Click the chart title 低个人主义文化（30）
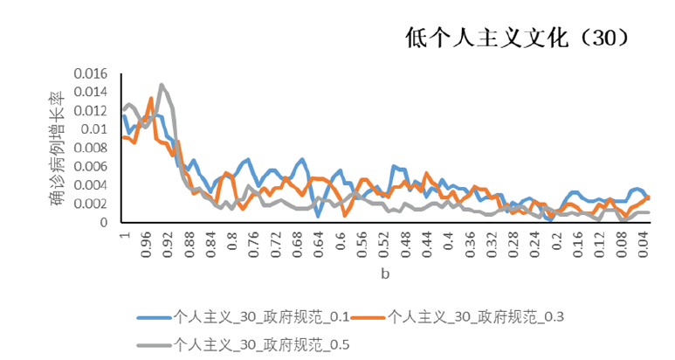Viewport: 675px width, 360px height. [x=517, y=38]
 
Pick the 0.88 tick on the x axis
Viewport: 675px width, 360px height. [x=189, y=244]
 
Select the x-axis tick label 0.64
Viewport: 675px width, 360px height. [x=319, y=244]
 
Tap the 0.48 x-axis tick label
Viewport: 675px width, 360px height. [x=406, y=244]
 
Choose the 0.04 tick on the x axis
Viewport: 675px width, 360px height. [x=644, y=244]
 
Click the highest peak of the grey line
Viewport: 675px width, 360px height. [x=162, y=85]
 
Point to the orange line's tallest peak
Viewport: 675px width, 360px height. [x=151, y=98]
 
